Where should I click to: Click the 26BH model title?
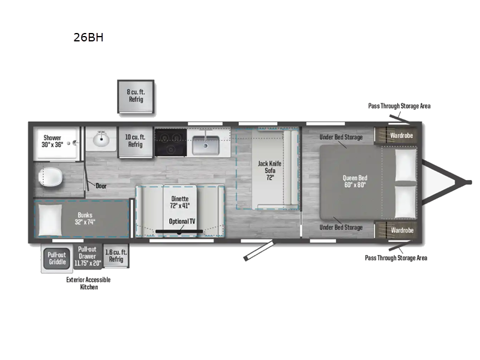click(x=88, y=37)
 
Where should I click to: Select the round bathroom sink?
click(x=100, y=142)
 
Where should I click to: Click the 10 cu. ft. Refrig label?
click(x=135, y=141)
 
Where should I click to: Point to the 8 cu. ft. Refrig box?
click(x=135, y=95)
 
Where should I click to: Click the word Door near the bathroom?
click(x=101, y=186)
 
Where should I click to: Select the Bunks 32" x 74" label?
click(x=86, y=219)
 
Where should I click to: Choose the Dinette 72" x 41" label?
click(x=180, y=202)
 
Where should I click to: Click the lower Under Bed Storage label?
click(x=341, y=227)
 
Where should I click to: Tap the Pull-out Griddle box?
click(x=57, y=257)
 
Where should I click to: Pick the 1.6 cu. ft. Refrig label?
click(x=116, y=256)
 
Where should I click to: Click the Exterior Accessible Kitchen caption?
click(x=88, y=283)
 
